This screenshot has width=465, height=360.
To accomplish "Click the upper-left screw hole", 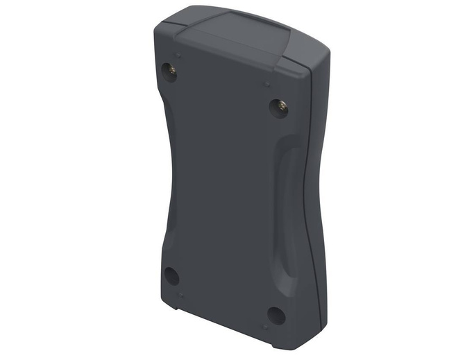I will [x=171, y=70].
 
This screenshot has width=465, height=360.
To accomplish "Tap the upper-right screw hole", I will [x=279, y=108].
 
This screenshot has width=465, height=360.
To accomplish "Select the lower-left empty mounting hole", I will [x=171, y=275].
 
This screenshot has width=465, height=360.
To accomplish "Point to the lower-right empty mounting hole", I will [x=276, y=316].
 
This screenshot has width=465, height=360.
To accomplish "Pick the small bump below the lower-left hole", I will [x=181, y=295].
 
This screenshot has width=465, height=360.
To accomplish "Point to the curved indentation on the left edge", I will [x=167, y=173].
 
